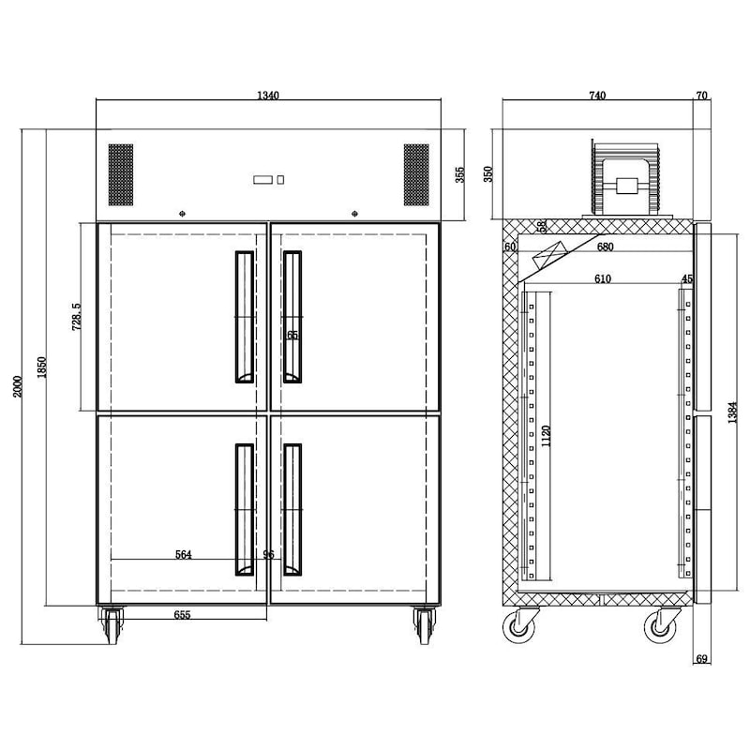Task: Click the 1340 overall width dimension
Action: (268, 95)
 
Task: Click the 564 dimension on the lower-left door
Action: (183, 555)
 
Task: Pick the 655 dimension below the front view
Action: (183, 616)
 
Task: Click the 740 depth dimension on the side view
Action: (597, 95)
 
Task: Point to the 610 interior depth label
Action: (602, 279)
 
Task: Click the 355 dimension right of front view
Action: (460, 175)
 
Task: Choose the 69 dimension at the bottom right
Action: (702, 660)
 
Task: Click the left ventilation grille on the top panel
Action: (121, 174)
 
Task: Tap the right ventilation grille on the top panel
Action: (416, 174)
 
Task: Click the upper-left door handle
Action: (243, 316)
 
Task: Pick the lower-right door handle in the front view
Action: (292, 508)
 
